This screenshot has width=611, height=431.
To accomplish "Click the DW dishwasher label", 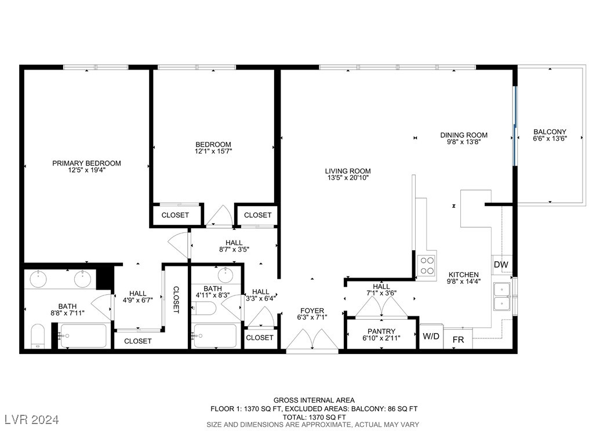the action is [x=501, y=265].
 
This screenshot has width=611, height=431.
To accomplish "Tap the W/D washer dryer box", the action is [x=431, y=336].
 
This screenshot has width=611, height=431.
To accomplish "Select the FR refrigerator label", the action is [x=458, y=339].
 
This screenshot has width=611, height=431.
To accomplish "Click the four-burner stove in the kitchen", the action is [x=426, y=265].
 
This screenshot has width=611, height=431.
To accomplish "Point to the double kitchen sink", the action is [x=502, y=297].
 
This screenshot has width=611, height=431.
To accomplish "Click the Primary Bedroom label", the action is [x=86, y=163].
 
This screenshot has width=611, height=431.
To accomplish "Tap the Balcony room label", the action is [x=550, y=132].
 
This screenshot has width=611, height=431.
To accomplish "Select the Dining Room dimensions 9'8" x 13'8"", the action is [x=464, y=142].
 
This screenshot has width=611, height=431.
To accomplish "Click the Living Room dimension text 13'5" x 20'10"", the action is [x=348, y=178].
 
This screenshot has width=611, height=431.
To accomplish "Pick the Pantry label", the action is [x=381, y=331].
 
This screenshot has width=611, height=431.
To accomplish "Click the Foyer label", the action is [x=312, y=311].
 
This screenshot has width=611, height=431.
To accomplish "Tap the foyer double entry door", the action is [x=312, y=341].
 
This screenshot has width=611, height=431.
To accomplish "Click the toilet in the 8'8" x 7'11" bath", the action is [x=38, y=335].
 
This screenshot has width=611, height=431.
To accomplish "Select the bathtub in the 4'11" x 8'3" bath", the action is [x=215, y=336].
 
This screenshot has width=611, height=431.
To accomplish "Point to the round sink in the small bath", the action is [x=226, y=275].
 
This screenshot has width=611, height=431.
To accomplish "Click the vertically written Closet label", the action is [x=176, y=300].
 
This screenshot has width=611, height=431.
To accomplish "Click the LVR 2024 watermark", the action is [x=32, y=419].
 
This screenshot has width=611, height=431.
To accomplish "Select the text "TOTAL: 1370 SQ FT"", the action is [x=314, y=417].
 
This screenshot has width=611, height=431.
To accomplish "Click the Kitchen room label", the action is [x=463, y=275].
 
